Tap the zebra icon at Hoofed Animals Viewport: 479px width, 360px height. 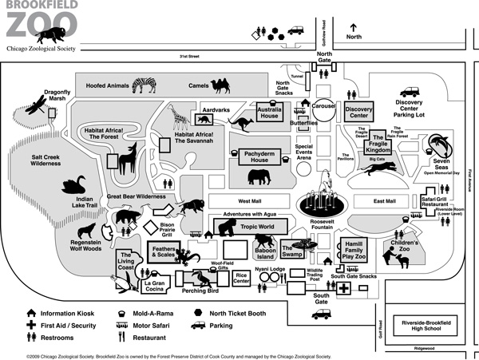click(x=145, y=83)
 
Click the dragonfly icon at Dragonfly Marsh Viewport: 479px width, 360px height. click(x=37, y=105)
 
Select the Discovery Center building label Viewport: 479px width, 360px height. click(x=359, y=113)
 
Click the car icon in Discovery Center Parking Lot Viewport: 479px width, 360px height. click(x=410, y=91)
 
